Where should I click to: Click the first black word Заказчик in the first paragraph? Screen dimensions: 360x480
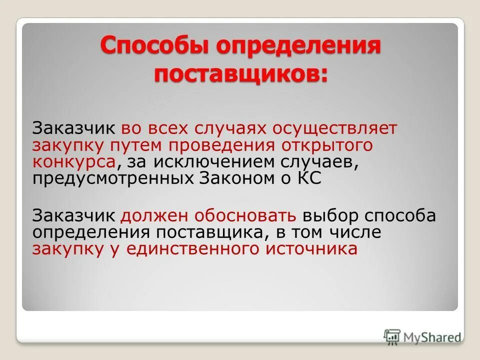pos(75,127)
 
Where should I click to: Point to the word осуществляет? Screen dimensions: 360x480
pos(335,127)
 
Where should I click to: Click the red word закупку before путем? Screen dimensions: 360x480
pos(68,145)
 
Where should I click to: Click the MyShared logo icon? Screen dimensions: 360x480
pos(392,336)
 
